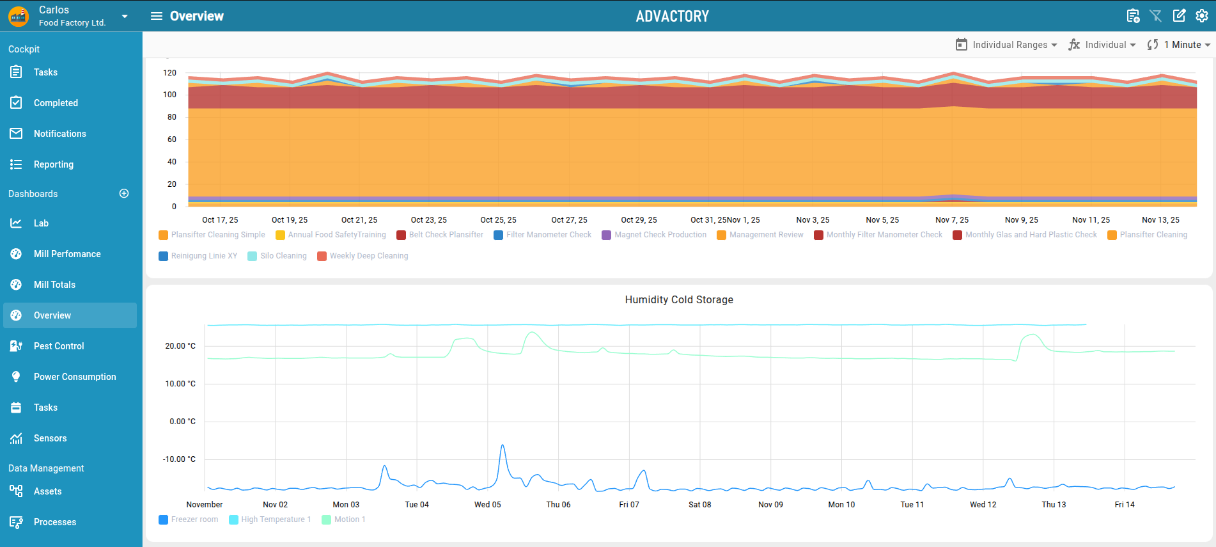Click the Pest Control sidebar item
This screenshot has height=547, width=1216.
click(59, 346)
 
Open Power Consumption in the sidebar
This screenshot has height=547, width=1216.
click(75, 377)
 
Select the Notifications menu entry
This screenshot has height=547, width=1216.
click(59, 134)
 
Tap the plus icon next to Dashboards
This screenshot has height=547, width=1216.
click(124, 193)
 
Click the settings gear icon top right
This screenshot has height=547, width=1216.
click(1202, 16)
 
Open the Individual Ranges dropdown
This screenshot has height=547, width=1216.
click(1006, 45)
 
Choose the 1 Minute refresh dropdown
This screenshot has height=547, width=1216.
click(1179, 45)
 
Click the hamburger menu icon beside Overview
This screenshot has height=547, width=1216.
click(157, 16)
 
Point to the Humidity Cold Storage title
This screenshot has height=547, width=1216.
click(679, 299)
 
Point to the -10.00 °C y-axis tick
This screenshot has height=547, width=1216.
click(179, 459)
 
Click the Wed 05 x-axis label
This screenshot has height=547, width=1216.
click(488, 505)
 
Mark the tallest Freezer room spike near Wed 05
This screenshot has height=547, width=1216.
click(503, 445)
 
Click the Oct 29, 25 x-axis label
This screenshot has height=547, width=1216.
click(639, 220)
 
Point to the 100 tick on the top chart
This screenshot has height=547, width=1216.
click(170, 95)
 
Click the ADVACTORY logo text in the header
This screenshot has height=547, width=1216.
click(673, 16)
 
